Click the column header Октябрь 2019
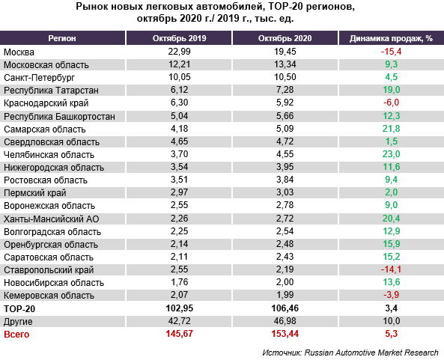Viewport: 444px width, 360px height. pos(179,38)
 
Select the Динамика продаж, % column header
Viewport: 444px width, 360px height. pos(391,38)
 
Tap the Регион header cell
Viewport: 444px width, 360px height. pos(62,38)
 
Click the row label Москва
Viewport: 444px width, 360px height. pos(19,52)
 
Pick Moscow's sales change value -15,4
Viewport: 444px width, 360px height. pos(391,52)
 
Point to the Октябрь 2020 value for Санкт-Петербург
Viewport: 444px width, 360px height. pos(285,77)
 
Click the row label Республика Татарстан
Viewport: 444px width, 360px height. pos(51,91)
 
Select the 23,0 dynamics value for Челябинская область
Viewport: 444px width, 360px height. pos(392,154)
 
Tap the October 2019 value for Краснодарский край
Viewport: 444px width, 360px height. pos(179,103)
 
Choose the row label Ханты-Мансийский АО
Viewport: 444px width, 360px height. pos(52,219)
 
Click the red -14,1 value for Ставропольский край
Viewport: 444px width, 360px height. pos(391,269)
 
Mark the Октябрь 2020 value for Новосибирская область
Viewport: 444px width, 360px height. pos(285,282)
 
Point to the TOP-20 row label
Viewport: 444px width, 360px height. pos(19,309)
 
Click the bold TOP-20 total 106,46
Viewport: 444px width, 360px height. pos(285,308)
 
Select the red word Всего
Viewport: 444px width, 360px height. pos(16,335)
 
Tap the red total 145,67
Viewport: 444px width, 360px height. pos(179,333)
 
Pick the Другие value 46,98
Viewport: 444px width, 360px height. pos(285,321)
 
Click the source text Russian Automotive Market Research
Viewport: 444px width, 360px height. pos(371,353)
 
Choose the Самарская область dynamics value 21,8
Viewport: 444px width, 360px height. pos(392,129)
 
